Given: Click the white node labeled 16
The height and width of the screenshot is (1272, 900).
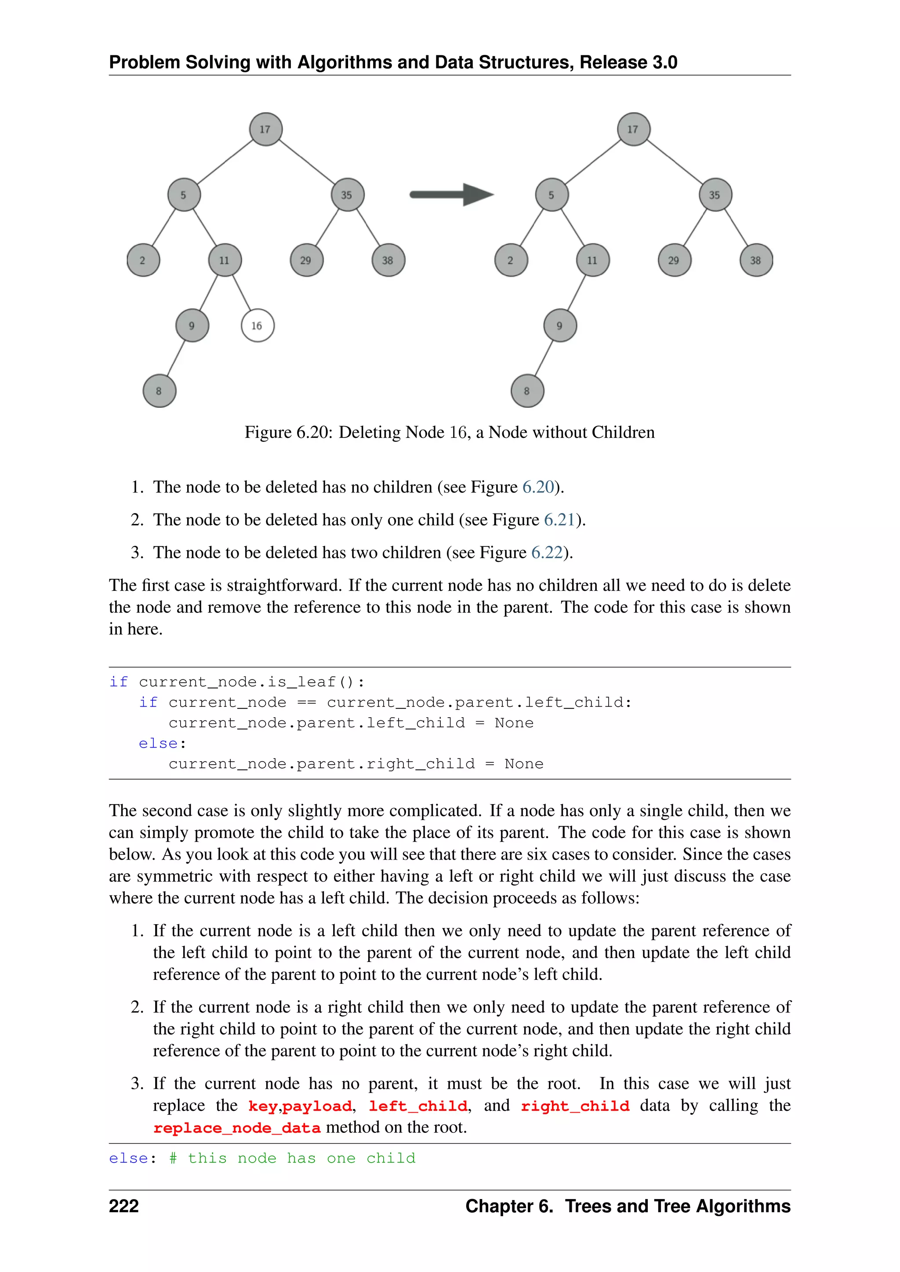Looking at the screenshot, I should (258, 326).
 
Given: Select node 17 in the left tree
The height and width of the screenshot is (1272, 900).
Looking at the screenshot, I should (265, 129).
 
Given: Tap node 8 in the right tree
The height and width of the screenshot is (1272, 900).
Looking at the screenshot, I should (527, 391).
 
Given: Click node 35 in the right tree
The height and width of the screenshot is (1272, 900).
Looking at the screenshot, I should (715, 195).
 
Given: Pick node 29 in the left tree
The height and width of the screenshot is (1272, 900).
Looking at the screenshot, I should (306, 260).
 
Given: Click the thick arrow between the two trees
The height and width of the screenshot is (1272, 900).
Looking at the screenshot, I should (450, 195).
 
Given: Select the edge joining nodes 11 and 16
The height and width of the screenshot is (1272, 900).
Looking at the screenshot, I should (242, 293).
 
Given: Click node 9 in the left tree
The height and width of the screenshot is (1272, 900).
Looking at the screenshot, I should (192, 326).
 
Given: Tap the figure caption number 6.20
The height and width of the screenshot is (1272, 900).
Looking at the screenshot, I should (312, 433).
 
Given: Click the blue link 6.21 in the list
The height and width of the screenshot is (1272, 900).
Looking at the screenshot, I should (559, 520).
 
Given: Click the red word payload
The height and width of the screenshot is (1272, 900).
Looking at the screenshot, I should (317, 1106).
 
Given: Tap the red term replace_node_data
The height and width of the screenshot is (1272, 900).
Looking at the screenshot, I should (236, 1128).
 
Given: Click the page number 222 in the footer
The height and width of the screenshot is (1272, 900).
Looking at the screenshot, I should (123, 1206).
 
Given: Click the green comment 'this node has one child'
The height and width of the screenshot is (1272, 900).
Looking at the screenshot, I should (301, 1158).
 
